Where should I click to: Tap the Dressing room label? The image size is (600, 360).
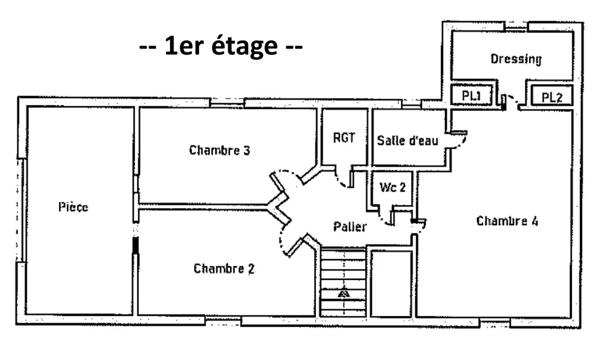click(x=515, y=59)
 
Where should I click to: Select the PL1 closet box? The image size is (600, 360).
click(x=472, y=96)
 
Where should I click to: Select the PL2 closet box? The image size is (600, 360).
click(x=551, y=96)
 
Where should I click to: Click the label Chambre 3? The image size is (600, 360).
click(x=219, y=150)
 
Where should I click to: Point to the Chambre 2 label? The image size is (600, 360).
click(x=224, y=268)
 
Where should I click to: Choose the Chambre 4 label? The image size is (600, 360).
click(x=507, y=221)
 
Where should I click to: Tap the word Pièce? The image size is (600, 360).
click(x=73, y=207)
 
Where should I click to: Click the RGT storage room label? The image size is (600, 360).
click(x=343, y=139)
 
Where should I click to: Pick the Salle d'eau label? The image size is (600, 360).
click(x=405, y=140)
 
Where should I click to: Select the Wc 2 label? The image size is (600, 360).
click(x=390, y=187)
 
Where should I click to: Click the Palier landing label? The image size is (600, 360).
click(x=349, y=227)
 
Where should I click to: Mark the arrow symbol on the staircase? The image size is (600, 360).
click(x=343, y=293)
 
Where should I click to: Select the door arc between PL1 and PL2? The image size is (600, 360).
click(x=510, y=99)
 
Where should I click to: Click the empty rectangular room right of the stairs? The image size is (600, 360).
click(x=389, y=283)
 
